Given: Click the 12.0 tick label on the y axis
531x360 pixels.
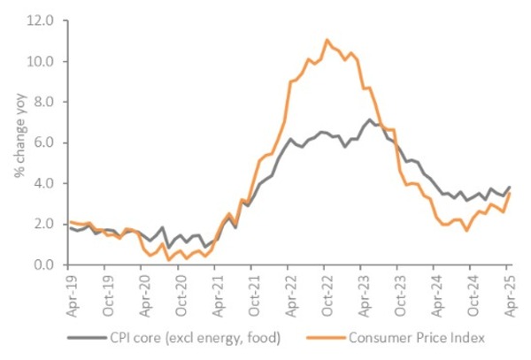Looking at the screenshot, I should [x=42, y=20].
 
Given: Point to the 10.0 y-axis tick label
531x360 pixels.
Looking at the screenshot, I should [x=42, y=61].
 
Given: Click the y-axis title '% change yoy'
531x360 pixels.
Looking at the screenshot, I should [x=19, y=142].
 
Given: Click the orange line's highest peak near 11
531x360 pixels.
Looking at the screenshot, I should [x=327, y=40].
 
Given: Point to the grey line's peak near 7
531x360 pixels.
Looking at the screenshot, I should [x=371, y=119].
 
